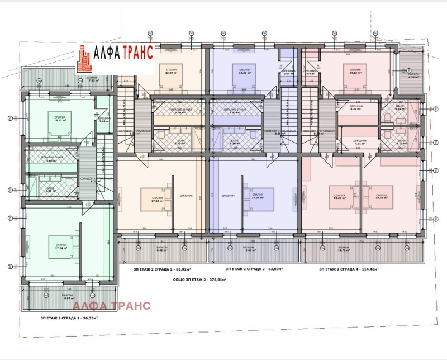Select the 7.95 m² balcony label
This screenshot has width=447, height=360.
93,79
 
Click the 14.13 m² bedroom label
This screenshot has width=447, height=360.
355,72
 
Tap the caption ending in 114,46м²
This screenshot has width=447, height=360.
349,269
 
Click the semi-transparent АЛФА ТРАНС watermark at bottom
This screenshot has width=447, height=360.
112,305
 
